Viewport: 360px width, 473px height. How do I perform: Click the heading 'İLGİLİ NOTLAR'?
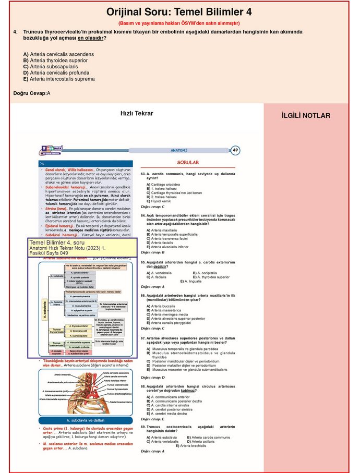point(305,116)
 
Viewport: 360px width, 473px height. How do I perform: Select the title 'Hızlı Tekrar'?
point(137,113)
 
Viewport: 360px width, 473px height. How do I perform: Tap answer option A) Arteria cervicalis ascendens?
point(58,54)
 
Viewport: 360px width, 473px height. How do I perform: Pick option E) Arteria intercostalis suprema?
point(59,79)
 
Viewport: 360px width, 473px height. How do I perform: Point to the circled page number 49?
point(235,151)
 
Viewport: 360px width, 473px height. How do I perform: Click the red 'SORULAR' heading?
point(188,163)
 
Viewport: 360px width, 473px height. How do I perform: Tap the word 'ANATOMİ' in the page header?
point(179,151)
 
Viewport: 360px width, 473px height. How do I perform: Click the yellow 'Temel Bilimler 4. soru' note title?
point(56,243)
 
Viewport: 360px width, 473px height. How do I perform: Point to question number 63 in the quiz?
point(143,173)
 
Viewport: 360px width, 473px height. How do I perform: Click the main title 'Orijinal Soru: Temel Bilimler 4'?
point(179,11)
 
